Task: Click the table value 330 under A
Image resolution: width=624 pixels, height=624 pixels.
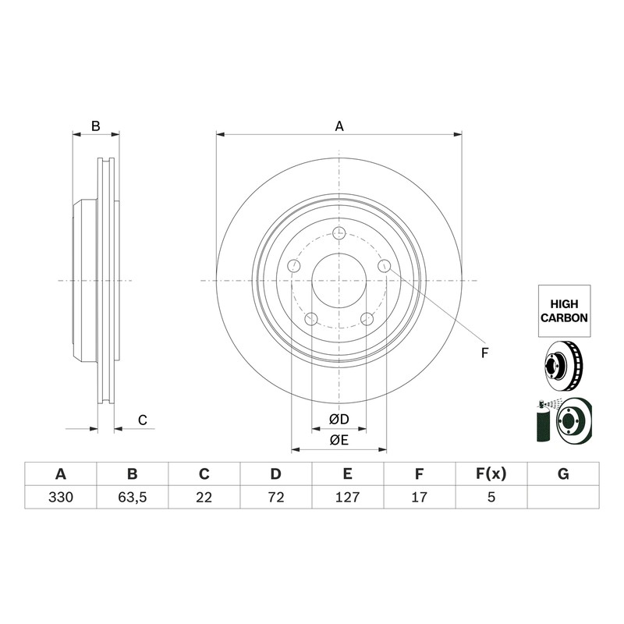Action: (61, 497)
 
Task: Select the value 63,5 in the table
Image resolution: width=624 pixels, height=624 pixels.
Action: (132, 497)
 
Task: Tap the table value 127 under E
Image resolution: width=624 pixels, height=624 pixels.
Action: (347, 497)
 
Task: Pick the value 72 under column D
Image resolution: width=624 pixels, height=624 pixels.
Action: (276, 497)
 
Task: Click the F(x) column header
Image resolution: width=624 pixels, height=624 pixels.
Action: (491, 474)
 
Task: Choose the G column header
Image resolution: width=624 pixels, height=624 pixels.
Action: (563, 474)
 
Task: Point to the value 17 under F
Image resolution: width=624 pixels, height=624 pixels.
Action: (419, 497)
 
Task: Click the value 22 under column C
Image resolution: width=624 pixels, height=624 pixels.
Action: (204, 497)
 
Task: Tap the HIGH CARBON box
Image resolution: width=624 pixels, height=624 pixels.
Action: (564, 310)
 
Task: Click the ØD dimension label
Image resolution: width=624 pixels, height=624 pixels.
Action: (339, 419)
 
